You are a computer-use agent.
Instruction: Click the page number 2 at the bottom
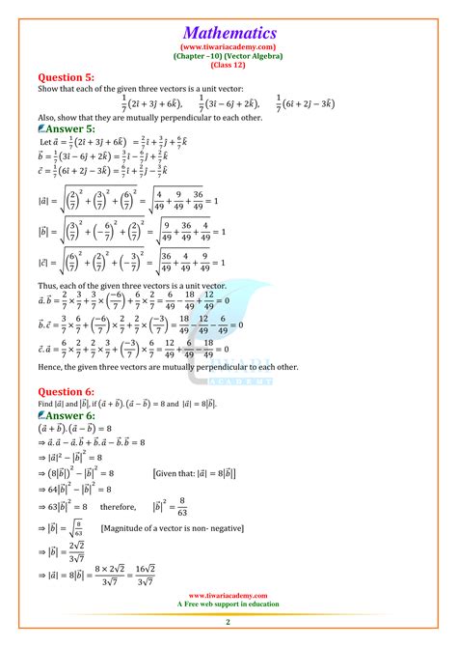[x=228, y=625]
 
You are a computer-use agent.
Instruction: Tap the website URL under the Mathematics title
[x=228, y=45]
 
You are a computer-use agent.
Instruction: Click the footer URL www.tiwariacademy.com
[x=228, y=596]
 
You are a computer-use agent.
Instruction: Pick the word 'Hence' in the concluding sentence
[x=49, y=366]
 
